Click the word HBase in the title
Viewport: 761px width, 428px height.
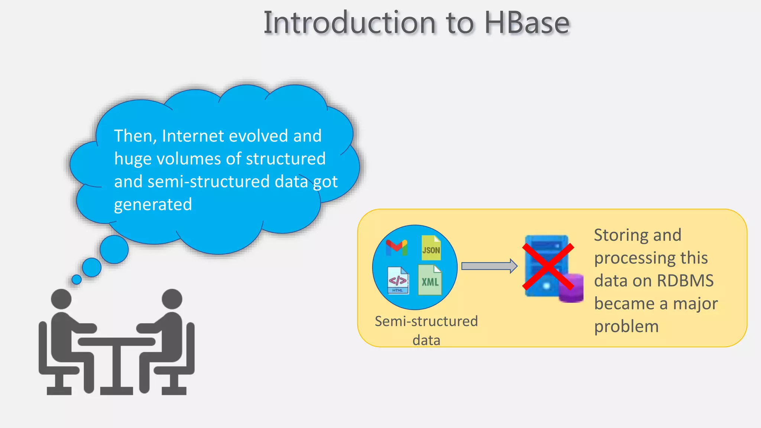pyautogui.click(x=527, y=23)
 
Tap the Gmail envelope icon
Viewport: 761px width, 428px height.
pyautogui.click(x=396, y=247)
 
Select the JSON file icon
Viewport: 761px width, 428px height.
pyautogui.click(x=431, y=248)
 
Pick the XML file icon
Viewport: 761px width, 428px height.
pyautogui.click(x=430, y=281)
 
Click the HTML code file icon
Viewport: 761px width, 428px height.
pyautogui.click(x=398, y=281)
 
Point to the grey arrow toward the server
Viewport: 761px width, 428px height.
pyautogui.click(x=489, y=266)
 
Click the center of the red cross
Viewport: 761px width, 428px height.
pyautogui.click(x=548, y=267)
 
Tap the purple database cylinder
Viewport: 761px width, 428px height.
pyautogui.click(x=571, y=288)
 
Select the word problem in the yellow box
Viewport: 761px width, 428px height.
pyautogui.click(x=626, y=327)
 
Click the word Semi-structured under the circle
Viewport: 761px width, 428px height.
pyautogui.click(x=426, y=321)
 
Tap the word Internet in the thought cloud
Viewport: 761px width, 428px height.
pyautogui.click(x=193, y=136)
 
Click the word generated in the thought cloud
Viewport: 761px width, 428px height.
pyautogui.click(x=153, y=205)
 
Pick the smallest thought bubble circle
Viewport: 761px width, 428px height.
pyautogui.click(x=77, y=279)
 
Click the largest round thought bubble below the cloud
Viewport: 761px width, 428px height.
pyautogui.click(x=114, y=249)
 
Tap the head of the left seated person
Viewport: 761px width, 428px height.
pyautogui.click(x=61, y=299)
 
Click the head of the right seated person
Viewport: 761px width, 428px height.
pyautogui.click(x=172, y=299)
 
